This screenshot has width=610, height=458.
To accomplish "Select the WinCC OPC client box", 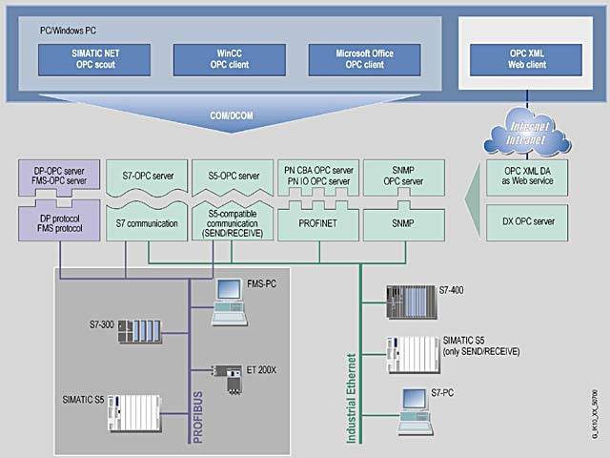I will coord(221,59).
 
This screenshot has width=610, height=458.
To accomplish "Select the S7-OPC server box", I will coord(147,177).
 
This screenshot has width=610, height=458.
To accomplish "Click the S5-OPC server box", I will coord(234,177).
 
